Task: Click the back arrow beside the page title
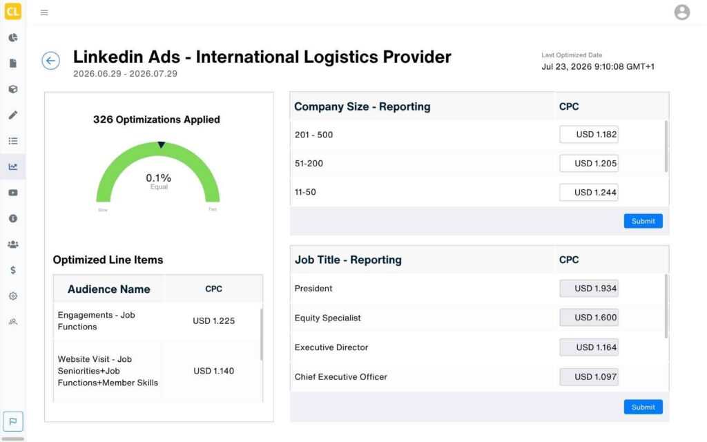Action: tap(51, 61)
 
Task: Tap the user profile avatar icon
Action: tap(681, 12)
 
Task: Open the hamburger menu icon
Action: tap(44, 12)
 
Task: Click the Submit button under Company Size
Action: tap(643, 221)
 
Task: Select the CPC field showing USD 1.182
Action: tap(589, 135)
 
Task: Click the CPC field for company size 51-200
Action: tap(589, 163)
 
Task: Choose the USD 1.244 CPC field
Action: tap(589, 192)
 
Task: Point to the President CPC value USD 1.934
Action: tap(589, 288)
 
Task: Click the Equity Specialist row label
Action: tap(328, 318)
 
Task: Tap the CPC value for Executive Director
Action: tap(589, 347)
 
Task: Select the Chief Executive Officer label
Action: tap(341, 376)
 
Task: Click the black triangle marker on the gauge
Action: tap(161, 145)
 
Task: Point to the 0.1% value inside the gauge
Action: tap(158, 177)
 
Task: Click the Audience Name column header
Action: tap(109, 289)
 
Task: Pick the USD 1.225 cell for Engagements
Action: tap(214, 320)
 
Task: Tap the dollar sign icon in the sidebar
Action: tap(13, 270)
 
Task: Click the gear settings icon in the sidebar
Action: tap(13, 296)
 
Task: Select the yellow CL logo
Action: tap(12, 11)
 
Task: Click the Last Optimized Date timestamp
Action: tap(598, 67)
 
